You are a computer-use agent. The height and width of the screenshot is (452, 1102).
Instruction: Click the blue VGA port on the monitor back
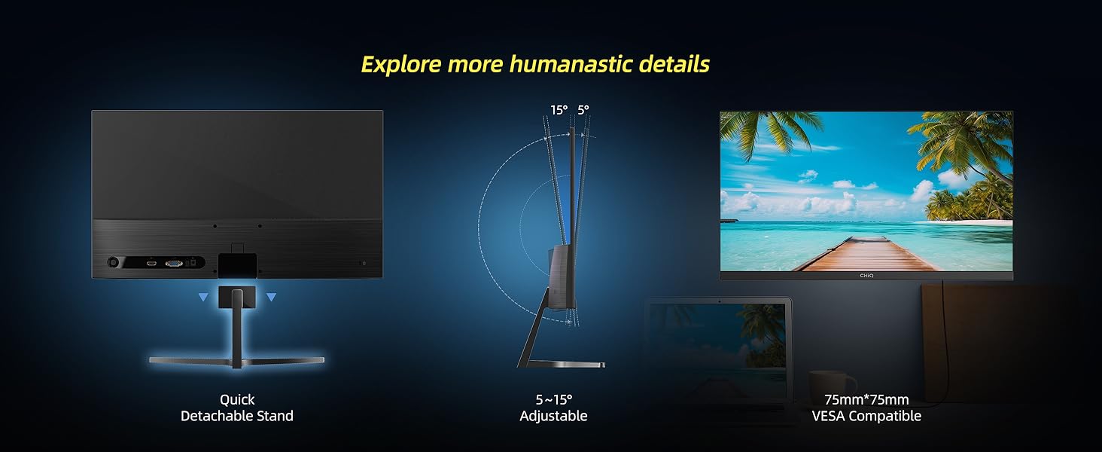click(174, 264)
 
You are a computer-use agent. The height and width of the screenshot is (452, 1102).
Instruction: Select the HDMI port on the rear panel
click(151, 264)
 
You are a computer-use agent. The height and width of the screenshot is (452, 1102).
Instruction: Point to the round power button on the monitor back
click(114, 262)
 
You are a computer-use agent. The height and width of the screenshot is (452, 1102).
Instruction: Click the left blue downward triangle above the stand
click(203, 297)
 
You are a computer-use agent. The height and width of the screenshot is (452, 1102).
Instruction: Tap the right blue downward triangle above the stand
click(271, 297)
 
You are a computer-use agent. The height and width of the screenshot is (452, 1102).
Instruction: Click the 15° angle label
click(559, 110)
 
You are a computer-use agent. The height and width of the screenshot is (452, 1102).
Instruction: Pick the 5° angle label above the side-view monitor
click(583, 110)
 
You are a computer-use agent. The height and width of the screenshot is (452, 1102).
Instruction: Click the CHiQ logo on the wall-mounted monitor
click(866, 276)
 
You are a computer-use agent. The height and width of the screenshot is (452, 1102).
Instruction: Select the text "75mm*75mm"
click(866, 399)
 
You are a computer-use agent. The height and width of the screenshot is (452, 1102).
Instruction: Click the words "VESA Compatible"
click(866, 416)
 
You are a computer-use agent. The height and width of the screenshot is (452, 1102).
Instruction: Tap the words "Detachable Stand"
click(236, 416)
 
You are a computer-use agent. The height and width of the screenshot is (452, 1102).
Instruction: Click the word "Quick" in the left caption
click(237, 399)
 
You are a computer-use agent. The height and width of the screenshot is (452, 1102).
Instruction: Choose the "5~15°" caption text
click(553, 399)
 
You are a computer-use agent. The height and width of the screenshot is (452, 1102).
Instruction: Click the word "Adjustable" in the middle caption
click(553, 416)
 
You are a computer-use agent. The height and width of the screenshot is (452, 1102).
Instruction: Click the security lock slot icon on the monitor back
click(364, 263)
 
